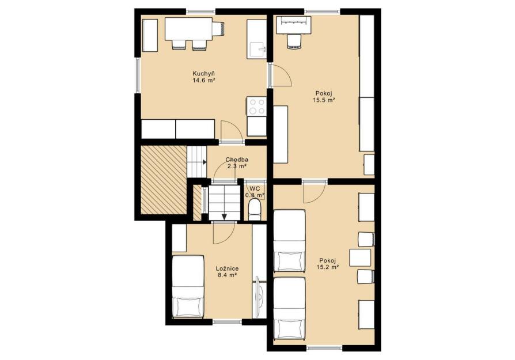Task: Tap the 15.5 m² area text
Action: (x=324, y=100)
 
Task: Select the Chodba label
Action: (x=237, y=160)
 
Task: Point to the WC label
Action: (x=255, y=188)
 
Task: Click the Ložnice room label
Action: (x=228, y=268)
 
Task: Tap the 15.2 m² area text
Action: (x=327, y=267)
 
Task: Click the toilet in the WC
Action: (x=255, y=210)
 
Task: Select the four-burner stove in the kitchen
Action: (x=256, y=107)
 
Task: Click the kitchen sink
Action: (x=257, y=50)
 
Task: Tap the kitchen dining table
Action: (x=188, y=29)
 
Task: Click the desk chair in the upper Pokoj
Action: (x=294, y=42)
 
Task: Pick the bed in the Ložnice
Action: (x=188, y=286)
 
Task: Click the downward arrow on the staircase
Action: (x=224, y=217)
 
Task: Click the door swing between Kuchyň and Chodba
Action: (x=232, y=131)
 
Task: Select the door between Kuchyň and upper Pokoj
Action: (x=280, y=75)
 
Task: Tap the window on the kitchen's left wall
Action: (x=138, y=75)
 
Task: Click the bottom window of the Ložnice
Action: (x=228, y=321)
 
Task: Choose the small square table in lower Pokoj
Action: (x=360, y=257)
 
